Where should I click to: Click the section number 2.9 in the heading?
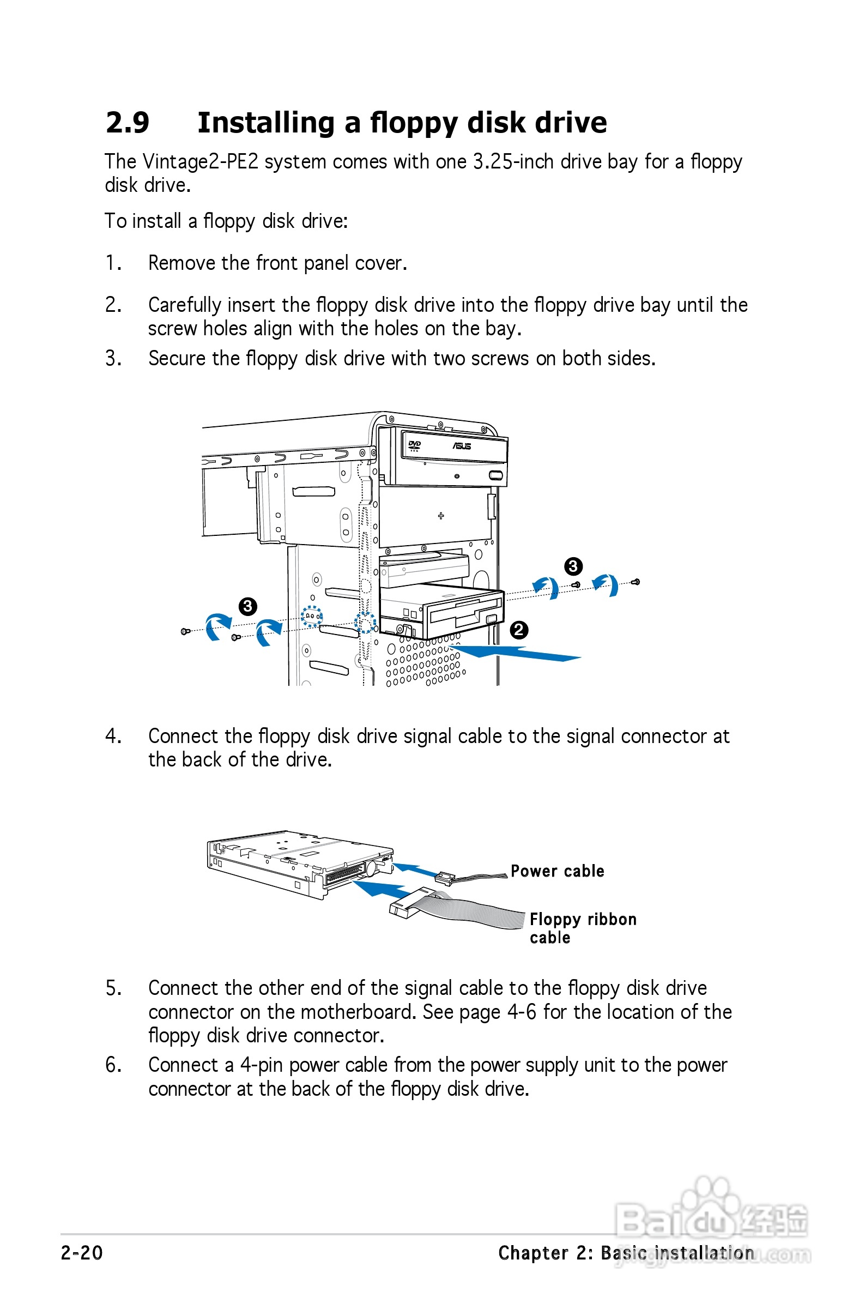(128, 123)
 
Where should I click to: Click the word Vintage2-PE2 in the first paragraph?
(200, 161)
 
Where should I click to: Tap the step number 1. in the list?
(113, 263)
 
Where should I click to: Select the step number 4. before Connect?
(113, 736)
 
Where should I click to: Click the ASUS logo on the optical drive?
(462, 446)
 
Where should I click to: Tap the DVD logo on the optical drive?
(414, 445)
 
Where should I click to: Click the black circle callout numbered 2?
(518, 630)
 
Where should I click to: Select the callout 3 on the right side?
(573, 566)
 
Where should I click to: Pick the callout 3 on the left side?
(247, 607)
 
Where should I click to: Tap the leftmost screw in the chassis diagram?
(185, 631)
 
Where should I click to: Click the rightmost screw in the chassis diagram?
(635, 581)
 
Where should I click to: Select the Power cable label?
(557, 871)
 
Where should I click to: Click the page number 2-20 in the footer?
(82, 1253)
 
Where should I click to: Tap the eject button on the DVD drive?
(495, 475)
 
